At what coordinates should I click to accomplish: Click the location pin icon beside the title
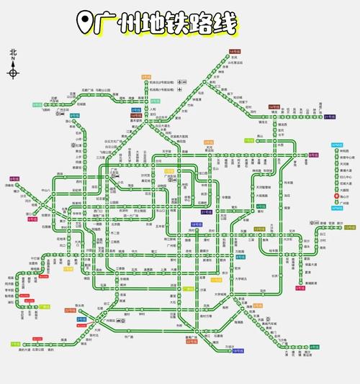(86, 22)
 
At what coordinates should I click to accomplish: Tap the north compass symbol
(13, 72)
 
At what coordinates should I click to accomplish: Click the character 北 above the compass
(13, 52)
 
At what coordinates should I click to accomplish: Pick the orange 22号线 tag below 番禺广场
(191, 342)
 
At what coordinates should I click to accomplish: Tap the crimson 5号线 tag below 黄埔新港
(300, 288)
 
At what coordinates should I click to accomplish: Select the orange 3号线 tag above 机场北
(147, 77)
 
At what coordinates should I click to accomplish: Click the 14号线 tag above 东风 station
(234, 52)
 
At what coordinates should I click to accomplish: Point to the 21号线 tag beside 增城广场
(330, 116)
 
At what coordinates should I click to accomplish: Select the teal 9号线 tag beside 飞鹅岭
(36, 105)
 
